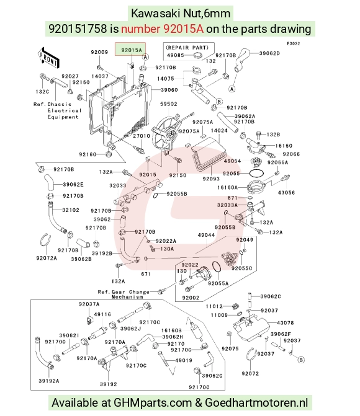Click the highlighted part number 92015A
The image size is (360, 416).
pyautogui.click(x=131, y=50)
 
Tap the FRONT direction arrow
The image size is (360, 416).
pyautogui.click(x=48, y=58)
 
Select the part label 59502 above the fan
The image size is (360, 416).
pyautogui.click(x=168, y=104)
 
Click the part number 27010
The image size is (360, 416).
pyautogui.click(x=142, y=136)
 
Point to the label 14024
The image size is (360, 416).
pyautogui.click(x=219, y=131)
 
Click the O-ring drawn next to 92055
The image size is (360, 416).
pyautogui.click(x=256, y=173)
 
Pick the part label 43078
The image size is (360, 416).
pyautogui.click(x=285, y=322)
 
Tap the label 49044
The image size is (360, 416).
pyautogui.click(x=206, y=235)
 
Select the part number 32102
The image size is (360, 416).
pyautogui.click(x=71, y=210)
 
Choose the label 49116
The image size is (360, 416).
pyautogui.click(x=102, y=314)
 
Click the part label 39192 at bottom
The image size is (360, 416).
pyautogui.click(x=108, y=384)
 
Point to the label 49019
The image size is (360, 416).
pyautogui.click(x=184, y=360)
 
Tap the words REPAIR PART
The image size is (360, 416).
pyautogui.click(x=187, y=48)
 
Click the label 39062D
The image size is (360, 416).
pyautogui.click(x=269, y=53)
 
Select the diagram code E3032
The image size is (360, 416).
pyautogui.click(x=293, y=43)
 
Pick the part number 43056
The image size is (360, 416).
pyautogui.click(x=286, y=193)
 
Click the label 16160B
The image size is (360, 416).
pyautogui.click(x=171, y=330)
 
